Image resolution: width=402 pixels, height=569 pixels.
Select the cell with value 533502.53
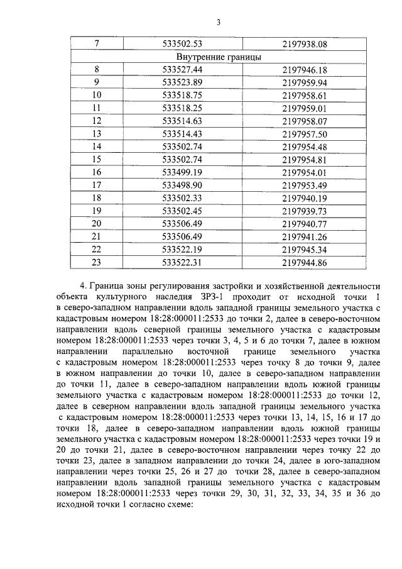point(182,44)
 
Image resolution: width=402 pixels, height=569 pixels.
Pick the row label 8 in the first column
point(96,70)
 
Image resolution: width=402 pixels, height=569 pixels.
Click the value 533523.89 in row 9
point(182,82)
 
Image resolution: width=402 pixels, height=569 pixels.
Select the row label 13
point(96,133)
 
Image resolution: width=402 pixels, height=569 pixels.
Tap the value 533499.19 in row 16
point(182,172)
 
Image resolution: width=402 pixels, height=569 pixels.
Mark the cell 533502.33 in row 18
point(182,197)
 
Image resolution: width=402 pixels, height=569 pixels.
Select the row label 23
point(96,262)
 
